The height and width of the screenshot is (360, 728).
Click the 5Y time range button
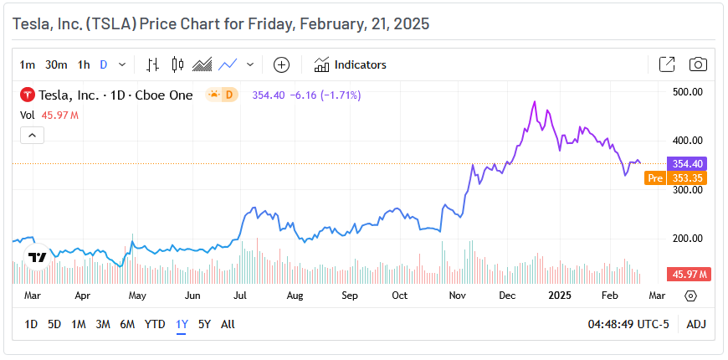[204, 324]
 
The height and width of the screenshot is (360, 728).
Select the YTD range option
[155, 324]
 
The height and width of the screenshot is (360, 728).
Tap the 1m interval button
[28, 64]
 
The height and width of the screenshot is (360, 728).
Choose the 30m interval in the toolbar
[56, 64]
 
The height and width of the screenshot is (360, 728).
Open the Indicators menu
[351, 64]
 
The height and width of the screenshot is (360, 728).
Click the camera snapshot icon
[698, 64]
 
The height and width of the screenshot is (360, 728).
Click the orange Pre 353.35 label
[676, 178]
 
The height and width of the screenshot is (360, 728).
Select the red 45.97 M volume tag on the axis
[688, 275]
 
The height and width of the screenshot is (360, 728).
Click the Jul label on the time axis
[239, 296]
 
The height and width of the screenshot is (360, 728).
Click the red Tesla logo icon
[28, 95]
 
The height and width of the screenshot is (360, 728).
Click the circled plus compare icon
[282, 64]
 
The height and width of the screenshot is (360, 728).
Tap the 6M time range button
[127, 324]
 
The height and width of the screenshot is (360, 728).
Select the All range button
[228, 324]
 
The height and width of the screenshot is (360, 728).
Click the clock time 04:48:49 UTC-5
[628, 324]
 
